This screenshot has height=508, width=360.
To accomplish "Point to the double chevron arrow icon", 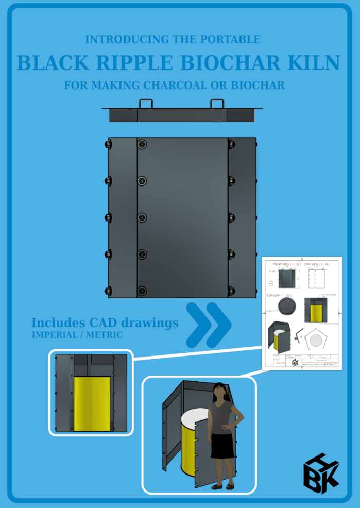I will point(208,323).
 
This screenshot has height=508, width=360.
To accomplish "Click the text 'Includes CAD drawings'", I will point(105,323).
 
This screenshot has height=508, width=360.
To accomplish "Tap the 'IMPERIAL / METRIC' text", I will point(77,335).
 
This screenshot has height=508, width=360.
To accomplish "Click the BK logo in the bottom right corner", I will point(321,472).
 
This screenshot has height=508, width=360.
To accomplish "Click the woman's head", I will point(220,393).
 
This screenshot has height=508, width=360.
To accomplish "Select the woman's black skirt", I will point(222,446).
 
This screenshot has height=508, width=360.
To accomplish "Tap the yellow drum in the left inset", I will point(92,403).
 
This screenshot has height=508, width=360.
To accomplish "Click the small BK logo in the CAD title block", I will point(295,362).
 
